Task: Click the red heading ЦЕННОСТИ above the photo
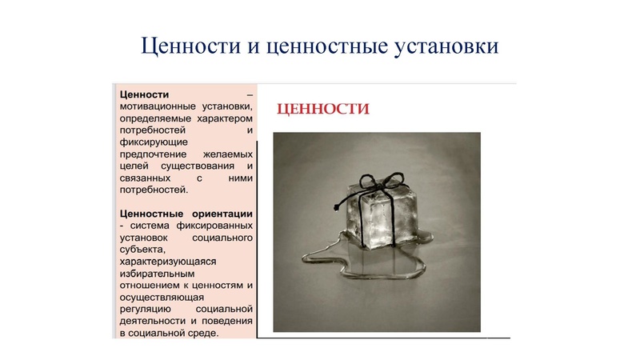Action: click(x=322, y=109)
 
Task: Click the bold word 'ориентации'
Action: click(x=223, y=214)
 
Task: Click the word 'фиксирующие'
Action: click(x=150, y=141)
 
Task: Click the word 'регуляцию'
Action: click(x=145, y=308)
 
